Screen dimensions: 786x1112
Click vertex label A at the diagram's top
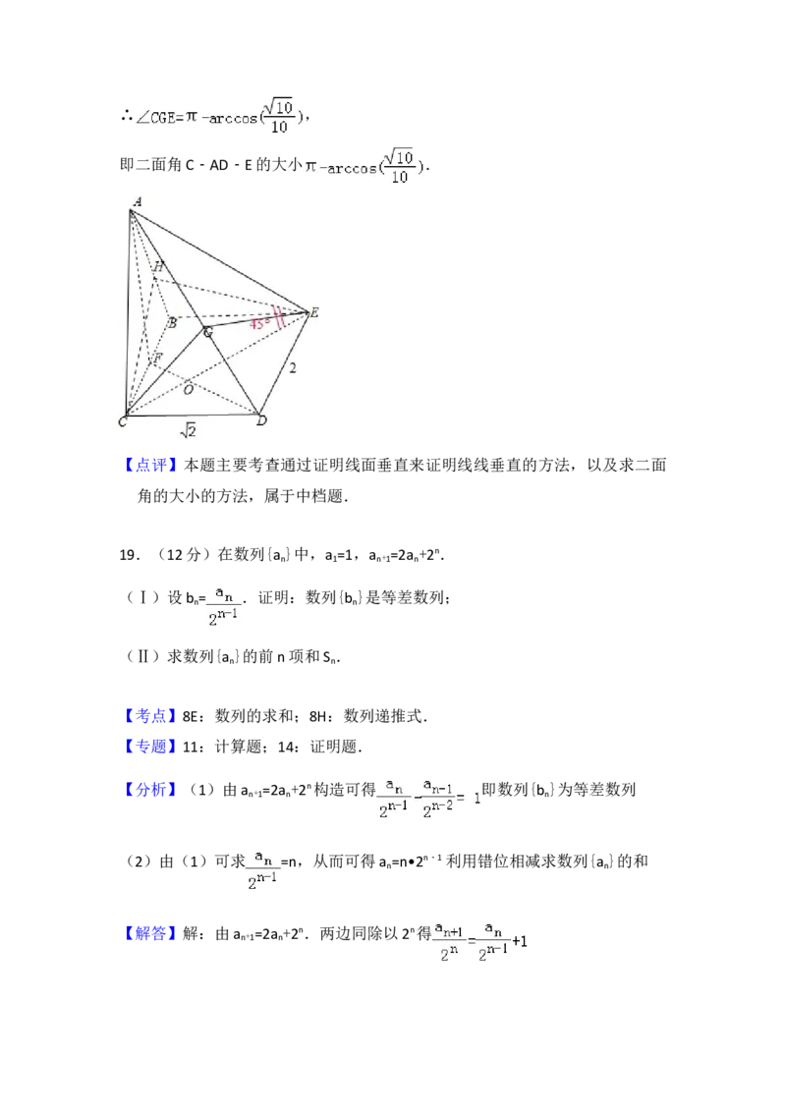137,201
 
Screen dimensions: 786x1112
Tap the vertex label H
158,267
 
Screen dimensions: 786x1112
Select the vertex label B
171,322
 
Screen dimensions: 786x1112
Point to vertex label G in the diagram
207,332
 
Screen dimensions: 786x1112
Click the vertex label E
314,312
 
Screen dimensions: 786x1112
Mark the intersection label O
188,390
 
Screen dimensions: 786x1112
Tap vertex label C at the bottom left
123,422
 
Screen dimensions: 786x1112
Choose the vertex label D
261,421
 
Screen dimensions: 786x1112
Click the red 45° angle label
258,322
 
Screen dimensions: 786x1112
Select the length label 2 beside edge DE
292,368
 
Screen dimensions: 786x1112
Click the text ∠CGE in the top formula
157,119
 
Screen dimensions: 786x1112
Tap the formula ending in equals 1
428,797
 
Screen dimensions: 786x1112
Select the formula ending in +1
479,939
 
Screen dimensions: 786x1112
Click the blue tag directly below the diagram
152,467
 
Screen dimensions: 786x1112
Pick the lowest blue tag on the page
152,933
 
